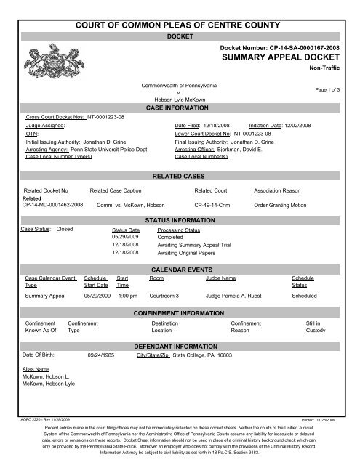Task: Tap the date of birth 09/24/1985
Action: (103, 356)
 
